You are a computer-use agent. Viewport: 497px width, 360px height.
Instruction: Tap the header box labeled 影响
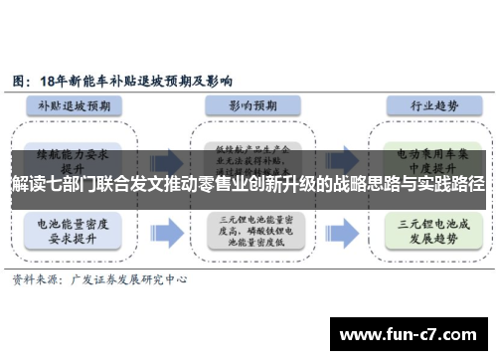pyautogui.click(x=242, y=104)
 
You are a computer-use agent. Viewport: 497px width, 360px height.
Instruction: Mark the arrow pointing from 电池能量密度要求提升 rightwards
pyautogui.click(x=167, y=229)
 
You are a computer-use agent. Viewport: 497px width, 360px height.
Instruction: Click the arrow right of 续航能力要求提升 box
pyautogui.click(x=167, y=158)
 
